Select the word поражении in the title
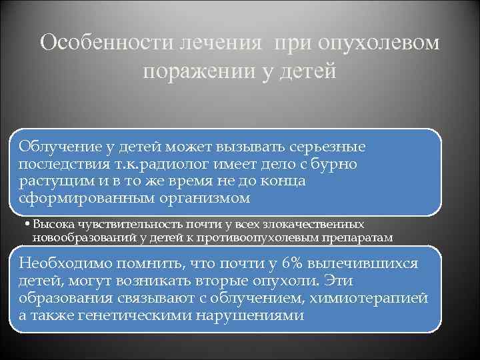[x=191, y=70]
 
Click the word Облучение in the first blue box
[x=57, y=146]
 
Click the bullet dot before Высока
[x=26, y=225]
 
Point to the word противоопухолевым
[x=261, y=237]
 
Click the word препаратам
[x=355, y=237]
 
